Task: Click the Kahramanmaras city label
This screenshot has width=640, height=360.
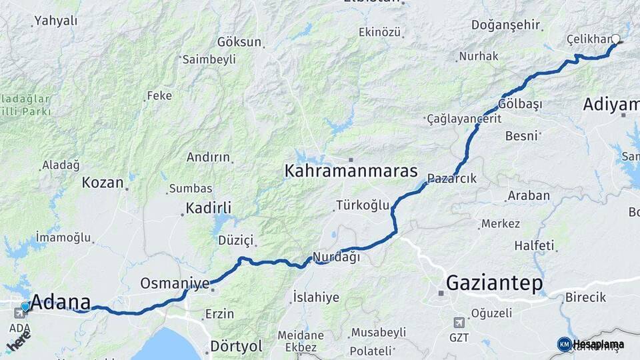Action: [351, 171]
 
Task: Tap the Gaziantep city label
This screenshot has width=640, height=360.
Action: [493, 283]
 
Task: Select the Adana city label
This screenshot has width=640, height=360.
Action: [61, 301]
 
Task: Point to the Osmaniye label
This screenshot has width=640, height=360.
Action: [175, 283]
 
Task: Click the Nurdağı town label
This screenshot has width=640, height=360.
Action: [337, 257]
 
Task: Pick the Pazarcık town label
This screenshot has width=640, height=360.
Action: [451, 178]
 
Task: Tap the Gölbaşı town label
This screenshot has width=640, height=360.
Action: [520, 104]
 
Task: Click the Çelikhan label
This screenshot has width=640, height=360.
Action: [589, 39]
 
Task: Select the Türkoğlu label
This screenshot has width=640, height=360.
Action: [362, 205]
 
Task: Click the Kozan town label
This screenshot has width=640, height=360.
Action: [103, 182]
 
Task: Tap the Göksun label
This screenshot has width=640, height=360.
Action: [239, 41]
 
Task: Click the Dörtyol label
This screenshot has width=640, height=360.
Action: [236, 346]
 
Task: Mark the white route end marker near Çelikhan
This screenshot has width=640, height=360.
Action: [616, 39]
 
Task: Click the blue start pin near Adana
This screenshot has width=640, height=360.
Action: [25, 306]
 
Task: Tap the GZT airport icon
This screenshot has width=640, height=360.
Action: [459, 323]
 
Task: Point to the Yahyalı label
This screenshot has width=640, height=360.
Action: [55, 21]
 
